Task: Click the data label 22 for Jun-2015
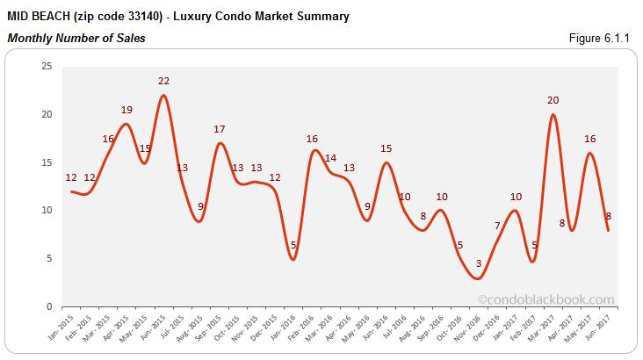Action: click(x=163, y=81)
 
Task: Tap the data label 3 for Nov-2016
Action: click(x=478, y=263)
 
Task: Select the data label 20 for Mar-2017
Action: click(x=553, y=100)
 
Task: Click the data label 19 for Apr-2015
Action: click(x=126, y=110)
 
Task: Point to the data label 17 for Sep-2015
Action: click(x=220, y=129)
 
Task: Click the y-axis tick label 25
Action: click(x=46, y=67)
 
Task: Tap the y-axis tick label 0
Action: click(x=49, y=306)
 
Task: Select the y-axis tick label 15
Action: click(x=46, y=162)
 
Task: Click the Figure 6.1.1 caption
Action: click(x=603, y=38)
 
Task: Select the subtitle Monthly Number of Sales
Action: click(x=76, y=38)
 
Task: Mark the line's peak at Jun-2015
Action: click(x=163, y=96)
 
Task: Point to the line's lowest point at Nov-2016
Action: click(x=478, y=278)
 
